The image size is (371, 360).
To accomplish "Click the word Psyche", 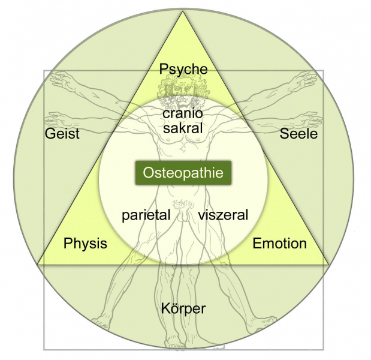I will pos(183,69).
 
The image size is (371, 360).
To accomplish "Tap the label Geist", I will pos(62,133).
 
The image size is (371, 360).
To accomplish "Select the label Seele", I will pos(298,133).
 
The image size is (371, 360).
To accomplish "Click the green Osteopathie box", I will pos(183,173).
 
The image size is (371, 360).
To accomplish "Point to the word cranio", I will pos(183,113).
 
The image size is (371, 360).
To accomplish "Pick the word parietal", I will pos(146,215).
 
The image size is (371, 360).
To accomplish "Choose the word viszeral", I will pos(223,215).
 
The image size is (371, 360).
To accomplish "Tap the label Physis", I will pos(85,243).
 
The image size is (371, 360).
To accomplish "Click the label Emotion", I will pos(279,243).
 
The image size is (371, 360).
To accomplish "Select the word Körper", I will pos(183,309).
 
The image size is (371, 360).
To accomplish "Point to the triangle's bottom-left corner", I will pos(38,264).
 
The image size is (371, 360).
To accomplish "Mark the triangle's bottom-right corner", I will pos(329,264).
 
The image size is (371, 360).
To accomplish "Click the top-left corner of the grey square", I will pos(44,71).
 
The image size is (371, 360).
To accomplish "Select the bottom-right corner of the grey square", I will pos(324,349).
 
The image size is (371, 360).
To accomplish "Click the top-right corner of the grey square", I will pos(324,71).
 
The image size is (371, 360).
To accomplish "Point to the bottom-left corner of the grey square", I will pos(44,349).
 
